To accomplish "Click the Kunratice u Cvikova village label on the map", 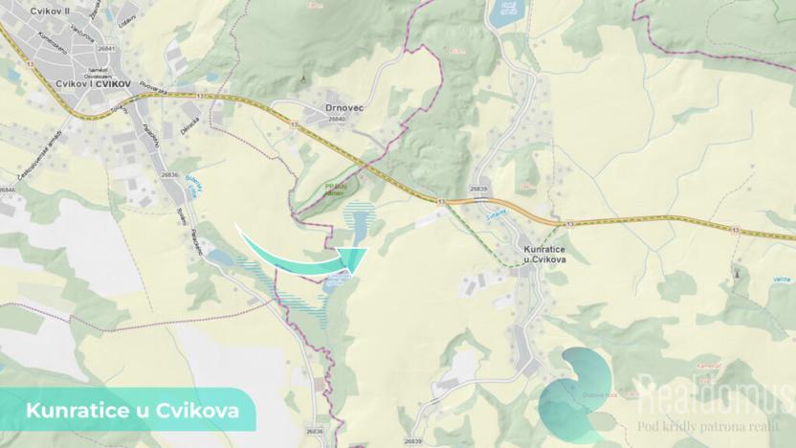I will tap(544, 256).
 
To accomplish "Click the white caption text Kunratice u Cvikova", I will tap(126, 411).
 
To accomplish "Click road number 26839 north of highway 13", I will tap(478, 190).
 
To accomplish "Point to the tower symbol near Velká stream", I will tap(736, 274).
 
